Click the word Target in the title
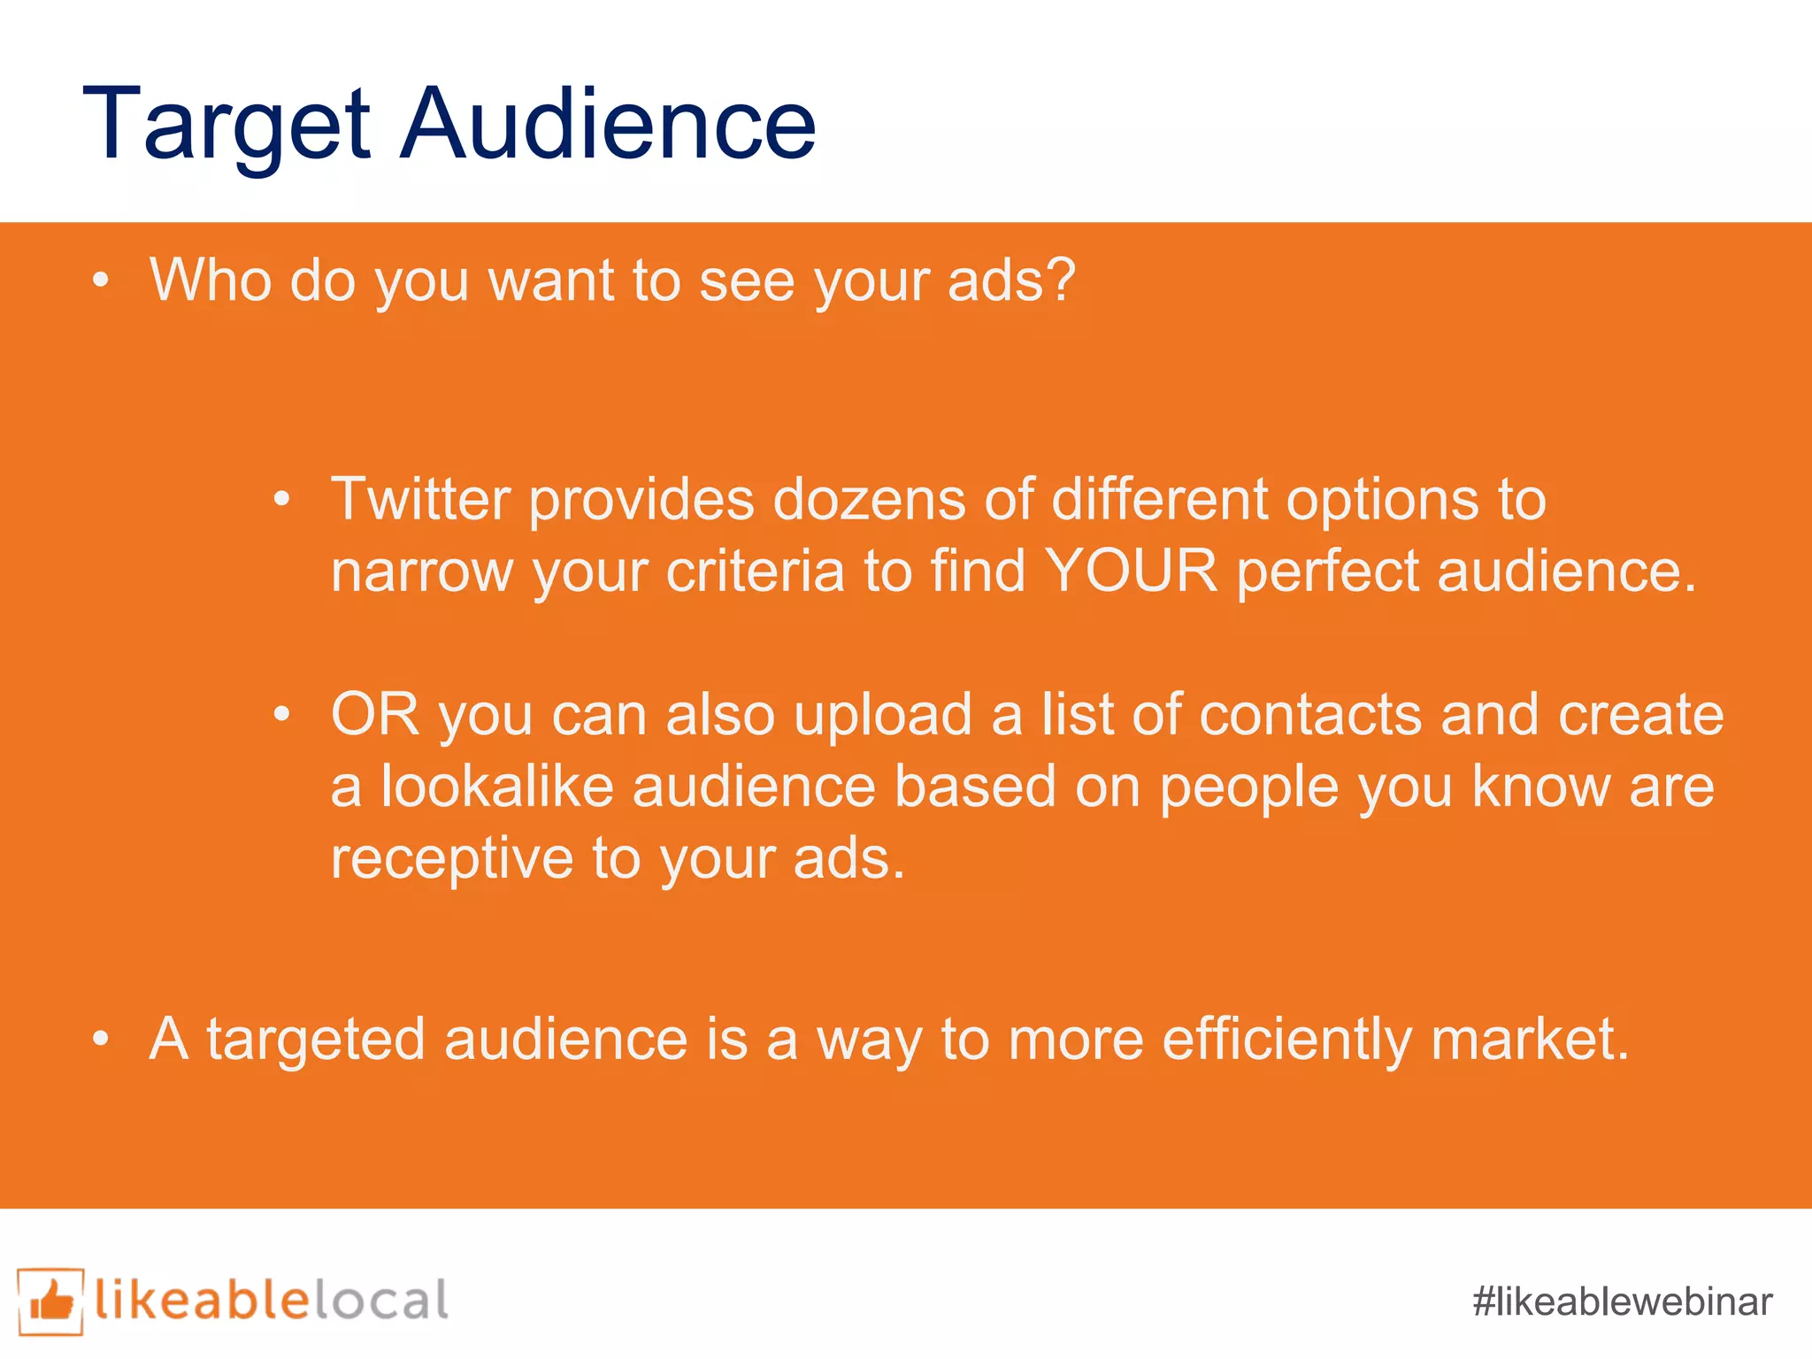[x=226, y=126]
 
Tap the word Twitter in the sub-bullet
[x=420, y=500]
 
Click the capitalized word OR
[x=374, y=715]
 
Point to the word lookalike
[x=497, y=787]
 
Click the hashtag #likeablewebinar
[x=1622, y=1301]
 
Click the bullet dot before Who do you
[x=101, y=281]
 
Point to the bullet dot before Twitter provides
[x=281, y=501]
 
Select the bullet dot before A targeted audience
[x=101, y=1040]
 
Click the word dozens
[x=869, y=500]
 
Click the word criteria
[x=755, y=572]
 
